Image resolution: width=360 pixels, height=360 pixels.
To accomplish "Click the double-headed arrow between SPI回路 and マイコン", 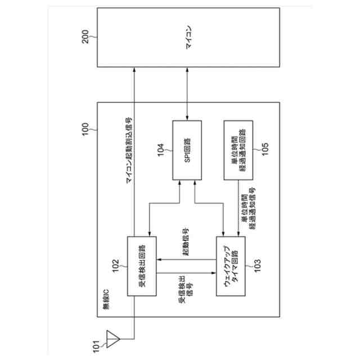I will click(188, 99).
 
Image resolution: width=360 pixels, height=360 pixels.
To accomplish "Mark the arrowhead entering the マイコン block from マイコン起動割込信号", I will click(136, 69).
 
